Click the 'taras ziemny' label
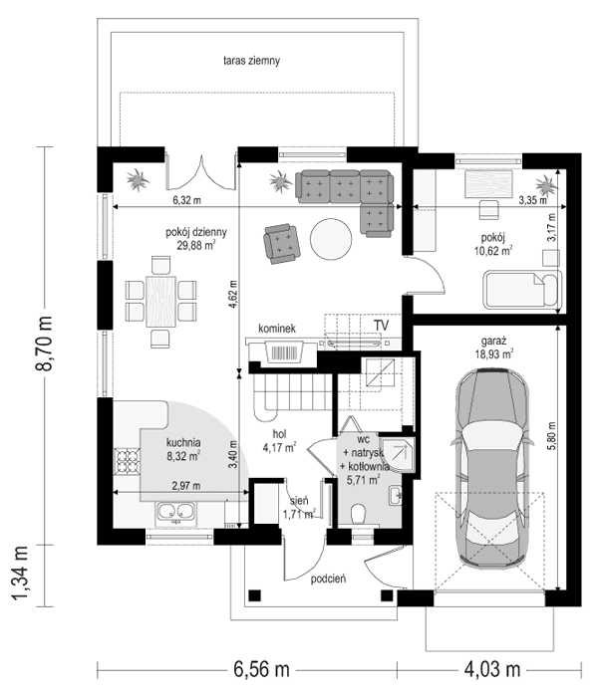pos(251,61)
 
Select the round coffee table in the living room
pos(331,239)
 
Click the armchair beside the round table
pos(281,243)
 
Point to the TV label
pos(381,326)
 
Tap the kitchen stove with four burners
pos(129,461)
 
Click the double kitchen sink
pos(174,515)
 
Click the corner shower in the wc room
pos(401,451)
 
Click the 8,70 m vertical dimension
pos(44,345)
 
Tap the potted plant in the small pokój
pos(544,185)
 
